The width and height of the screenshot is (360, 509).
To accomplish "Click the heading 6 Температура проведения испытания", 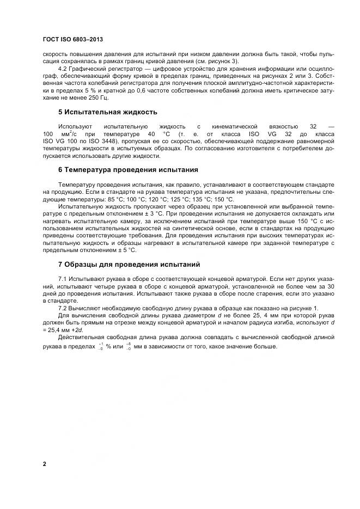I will point(128,170).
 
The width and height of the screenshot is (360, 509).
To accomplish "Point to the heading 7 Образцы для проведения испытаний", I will point(129,265).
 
